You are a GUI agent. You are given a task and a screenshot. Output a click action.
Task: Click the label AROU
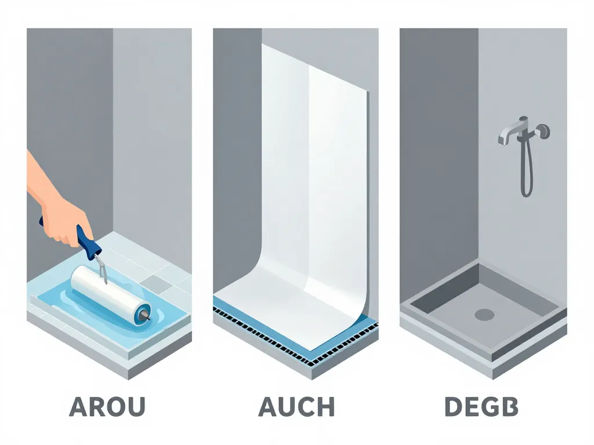click(x=107, y=407)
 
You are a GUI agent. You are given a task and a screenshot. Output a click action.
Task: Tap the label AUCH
click(x=296, y=407)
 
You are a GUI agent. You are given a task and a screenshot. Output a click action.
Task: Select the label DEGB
click(x=481, y=407)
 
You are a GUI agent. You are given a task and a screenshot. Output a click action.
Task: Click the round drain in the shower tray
click(x=484, y=315)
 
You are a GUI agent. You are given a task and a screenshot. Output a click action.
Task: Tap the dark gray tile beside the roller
click(x=156, y=282)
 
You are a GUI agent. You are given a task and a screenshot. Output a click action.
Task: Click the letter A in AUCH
click(x=269, y=407)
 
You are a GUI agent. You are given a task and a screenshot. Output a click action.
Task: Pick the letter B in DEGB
click(x=509, y=407)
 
